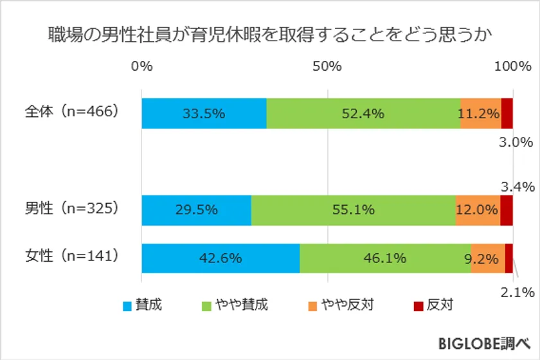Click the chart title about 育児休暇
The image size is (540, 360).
269,35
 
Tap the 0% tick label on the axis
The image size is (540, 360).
141,66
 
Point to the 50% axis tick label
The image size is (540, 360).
327,66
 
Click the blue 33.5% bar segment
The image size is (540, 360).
204,114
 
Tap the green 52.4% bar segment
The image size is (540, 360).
363,114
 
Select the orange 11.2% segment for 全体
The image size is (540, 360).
480,114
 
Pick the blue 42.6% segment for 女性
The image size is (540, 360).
221,258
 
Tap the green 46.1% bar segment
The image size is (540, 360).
384,258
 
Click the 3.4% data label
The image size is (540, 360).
517,187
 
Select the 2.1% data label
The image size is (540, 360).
517,292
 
